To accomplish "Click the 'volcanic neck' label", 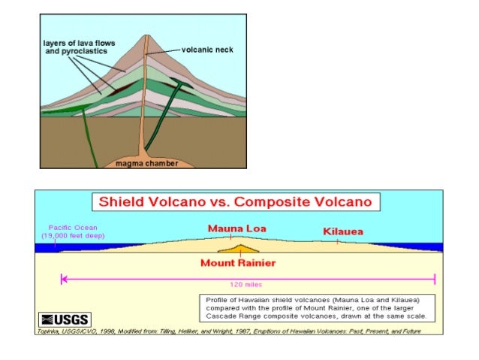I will (x=207, y=50).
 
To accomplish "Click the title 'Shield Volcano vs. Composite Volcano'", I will (x=237, y=201).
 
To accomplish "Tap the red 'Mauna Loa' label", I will (x=238, y=228).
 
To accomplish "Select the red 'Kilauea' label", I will (x=342, y=231).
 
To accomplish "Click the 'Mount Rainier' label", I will (x=237, y=263).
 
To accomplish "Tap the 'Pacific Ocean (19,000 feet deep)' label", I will (x=72, y=231).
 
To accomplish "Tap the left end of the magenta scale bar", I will (x=62, y=279).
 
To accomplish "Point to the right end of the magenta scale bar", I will (x=435, y=279).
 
